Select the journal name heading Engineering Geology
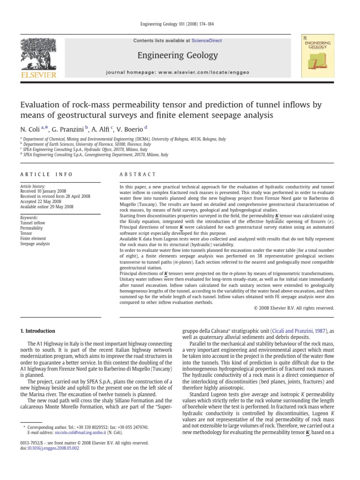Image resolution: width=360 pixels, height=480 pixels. (x=177, y=56)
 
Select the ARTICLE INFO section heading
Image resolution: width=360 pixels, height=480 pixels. (x=46, y=174)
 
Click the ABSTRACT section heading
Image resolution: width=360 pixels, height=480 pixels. (x=138, y=174)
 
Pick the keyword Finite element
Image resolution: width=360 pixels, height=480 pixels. (x=33, y=239)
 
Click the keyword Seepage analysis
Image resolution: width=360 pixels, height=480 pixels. (x=35, y=244)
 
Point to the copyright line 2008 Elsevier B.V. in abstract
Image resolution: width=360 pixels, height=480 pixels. (x=294, y=308)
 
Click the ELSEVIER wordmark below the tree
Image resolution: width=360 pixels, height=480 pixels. (x=36, y=73)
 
